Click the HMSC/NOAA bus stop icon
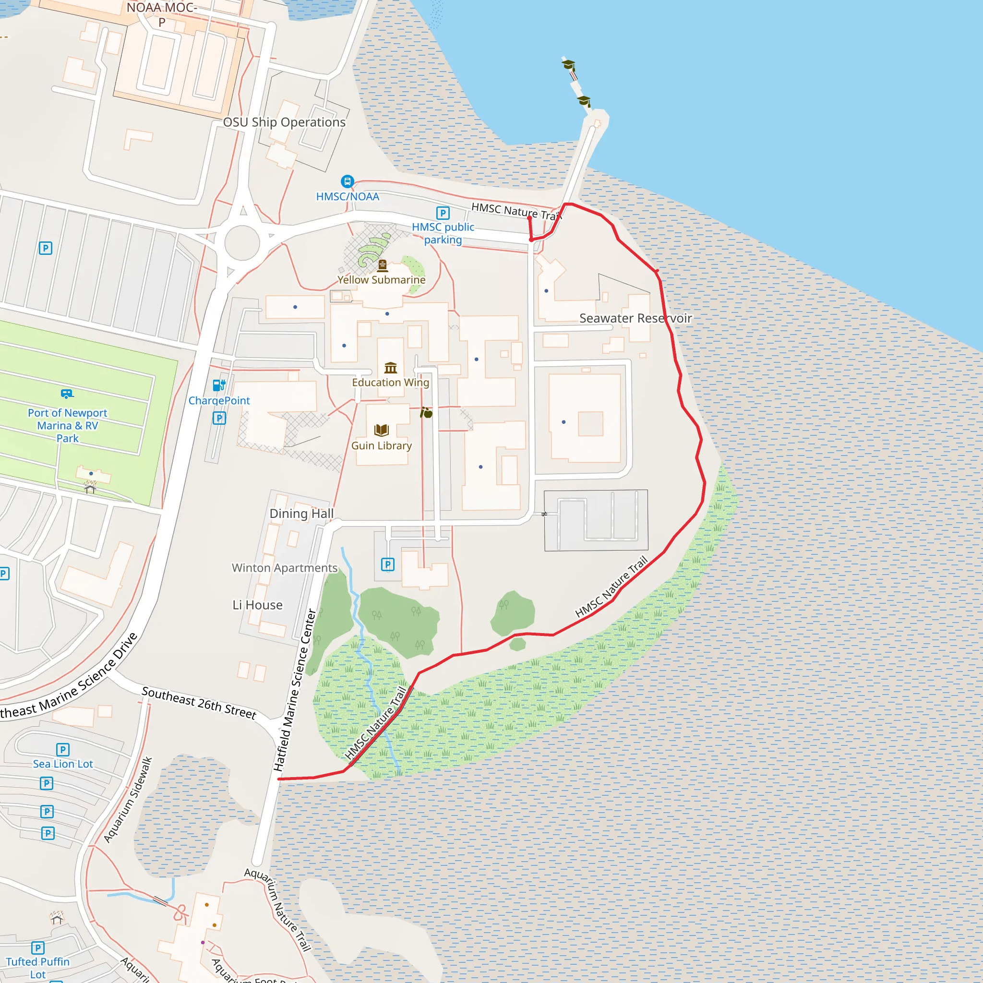point(347,181)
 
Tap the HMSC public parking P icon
point(443,213)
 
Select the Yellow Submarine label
point(381,280)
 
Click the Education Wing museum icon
point(391,367)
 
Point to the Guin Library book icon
point(382,430)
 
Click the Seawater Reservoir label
point(635,319)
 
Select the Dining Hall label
point(302,514)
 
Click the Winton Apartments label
point(285,568)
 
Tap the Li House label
point(257,605)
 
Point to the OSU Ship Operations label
point(284,122)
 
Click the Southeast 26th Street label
point(199,703)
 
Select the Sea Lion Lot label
point(63,764)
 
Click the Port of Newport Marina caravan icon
point(67,393)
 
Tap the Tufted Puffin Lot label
point(37,968)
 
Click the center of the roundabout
point(242,243)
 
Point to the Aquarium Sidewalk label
point(128,800)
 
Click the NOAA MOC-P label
point(162,14)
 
